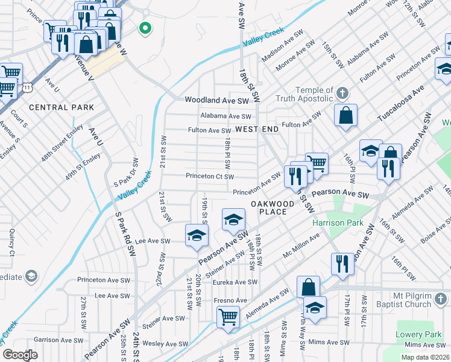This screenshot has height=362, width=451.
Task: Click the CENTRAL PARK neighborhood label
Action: (x=61, y=107)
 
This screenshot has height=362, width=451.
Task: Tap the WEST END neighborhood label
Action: (x=257, y=129)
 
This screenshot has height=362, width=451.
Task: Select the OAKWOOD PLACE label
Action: (x=273, y=208)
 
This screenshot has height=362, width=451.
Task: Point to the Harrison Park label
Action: (x=338, y=223)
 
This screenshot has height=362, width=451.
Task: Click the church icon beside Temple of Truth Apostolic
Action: (x=342, y=94)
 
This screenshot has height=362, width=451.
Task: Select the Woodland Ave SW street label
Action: (x=216, y=100)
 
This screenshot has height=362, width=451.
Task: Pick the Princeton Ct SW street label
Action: (x=209, y=177)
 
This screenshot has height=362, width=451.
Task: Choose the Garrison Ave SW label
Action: (x=57, y=340)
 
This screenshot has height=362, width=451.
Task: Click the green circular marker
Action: (x=145, y=28)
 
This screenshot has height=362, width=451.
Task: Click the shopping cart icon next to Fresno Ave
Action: (x=228, y=316)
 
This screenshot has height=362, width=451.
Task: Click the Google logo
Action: (x=20, y=355)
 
